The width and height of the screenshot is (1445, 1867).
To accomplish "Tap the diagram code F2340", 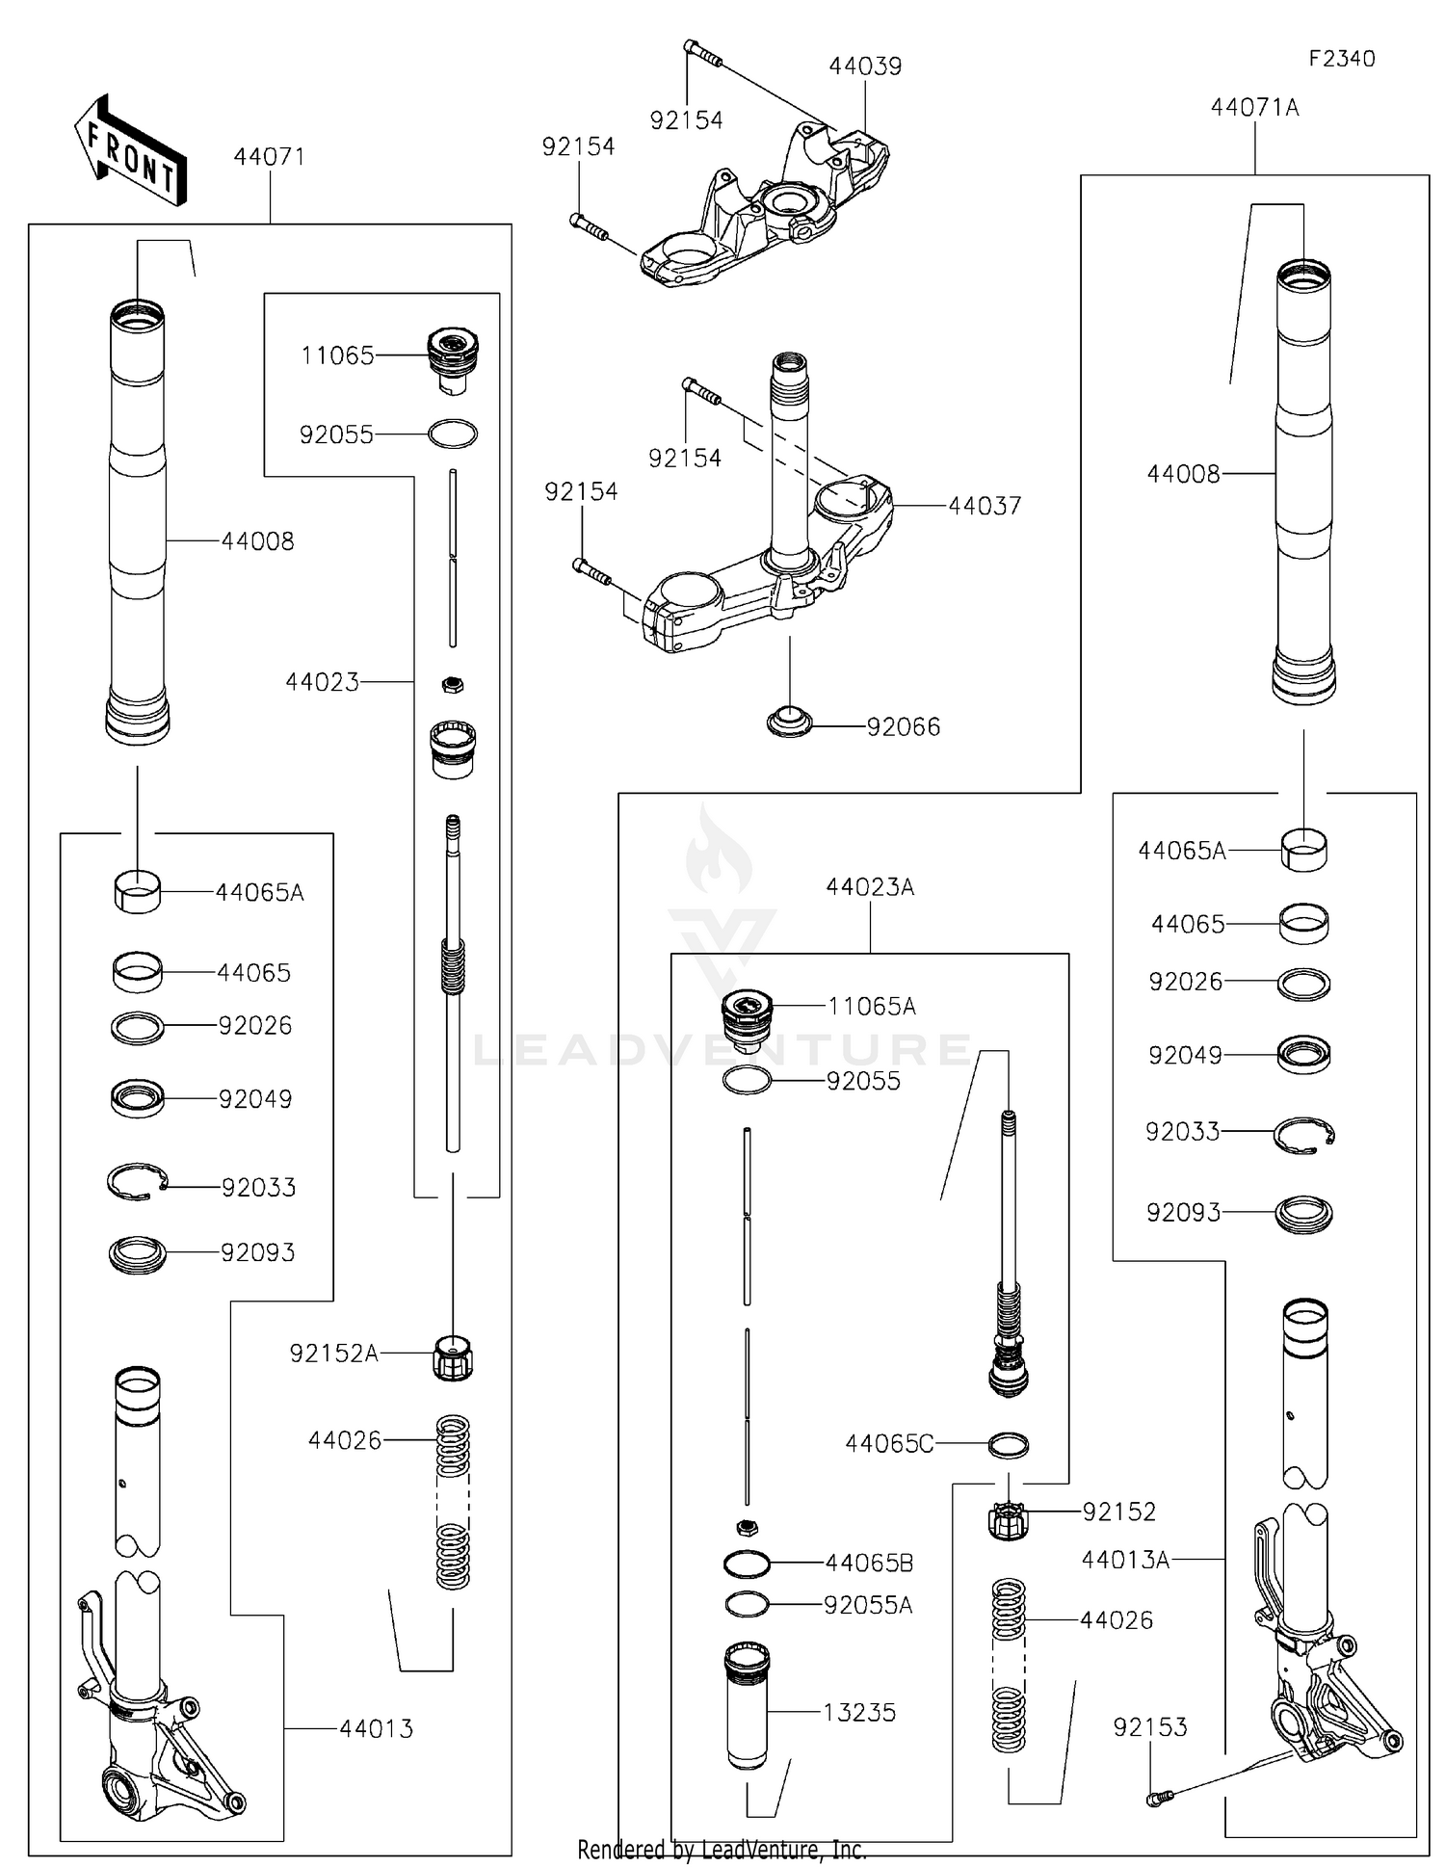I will pyautogui.click(x=1341, y=59).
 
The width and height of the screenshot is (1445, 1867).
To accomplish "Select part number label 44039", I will pyautogui.click(x=865, y=66).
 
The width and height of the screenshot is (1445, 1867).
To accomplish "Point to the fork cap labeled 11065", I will pyautogui.click(x=452, y=358).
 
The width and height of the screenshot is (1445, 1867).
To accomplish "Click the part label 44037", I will pyautogui.click(x=984, y=506).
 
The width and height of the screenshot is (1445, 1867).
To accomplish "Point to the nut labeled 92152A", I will pyautogui.click(x=453, y=1357).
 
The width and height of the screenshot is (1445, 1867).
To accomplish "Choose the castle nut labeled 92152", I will pyautogui.click(x=1009, y=1520).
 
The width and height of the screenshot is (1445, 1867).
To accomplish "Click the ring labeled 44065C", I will pyautogui.click(x=1009, y=1445).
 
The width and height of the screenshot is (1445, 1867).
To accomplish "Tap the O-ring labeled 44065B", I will pyautogui.click(x=747, y=1564).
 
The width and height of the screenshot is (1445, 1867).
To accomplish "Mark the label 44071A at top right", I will pyautogui.click(x=1254, y=108).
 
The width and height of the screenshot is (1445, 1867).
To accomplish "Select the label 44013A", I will pyautogui.click(x=1124, y=1560).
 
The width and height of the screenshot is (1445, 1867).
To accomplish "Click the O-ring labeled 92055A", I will pyautogui.click(x=747, y=1605).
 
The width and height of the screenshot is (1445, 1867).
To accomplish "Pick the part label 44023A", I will pyautogui.click(x=869, y=887).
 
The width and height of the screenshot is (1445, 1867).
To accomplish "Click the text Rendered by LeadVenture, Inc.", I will pyautogui.click(x=722, y=1850).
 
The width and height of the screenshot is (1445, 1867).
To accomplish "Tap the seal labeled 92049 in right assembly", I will pyautogui.click(x=1303, y=1055).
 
